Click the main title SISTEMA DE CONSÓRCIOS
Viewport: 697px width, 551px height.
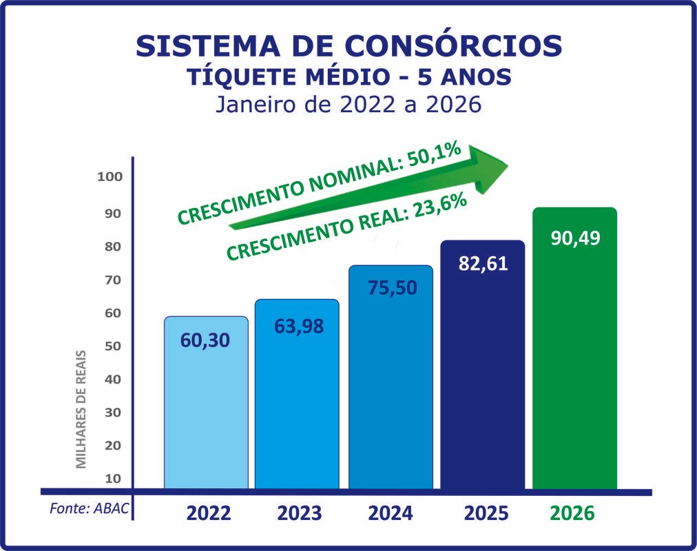pyautogui.click(x=348, y=45)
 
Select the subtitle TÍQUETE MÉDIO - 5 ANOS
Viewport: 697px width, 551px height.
pyautogui.click(x=348, y=77)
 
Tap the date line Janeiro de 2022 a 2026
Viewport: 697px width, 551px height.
pyautogui.click(x=348, y=105)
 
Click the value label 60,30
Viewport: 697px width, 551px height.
pyautogui.click(x=205, y=340)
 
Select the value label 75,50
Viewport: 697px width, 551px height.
pyautogui.click(x=391, y=287)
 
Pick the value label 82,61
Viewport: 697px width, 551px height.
pyautogui.click(x=482, y=264)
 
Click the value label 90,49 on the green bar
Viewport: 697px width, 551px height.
pyautogui.click(x=575, y=238)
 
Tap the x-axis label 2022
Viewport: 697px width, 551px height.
pyautogui.click(x=208, y=514)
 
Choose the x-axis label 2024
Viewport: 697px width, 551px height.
pyautogui.click(x=391, y=514)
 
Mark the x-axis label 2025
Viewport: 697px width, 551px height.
pyautogui.click(x=486, y=514)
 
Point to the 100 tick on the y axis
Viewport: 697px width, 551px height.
pyautogui.click(x=110, y=176)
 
